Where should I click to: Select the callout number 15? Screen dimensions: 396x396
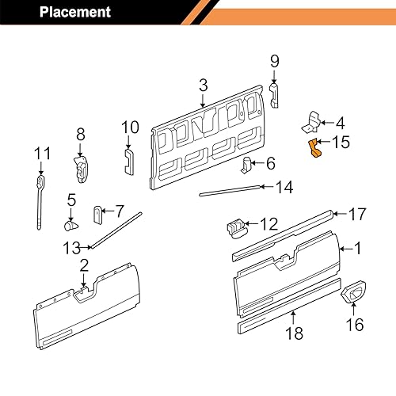pos(340,143)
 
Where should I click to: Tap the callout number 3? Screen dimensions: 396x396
pos(203,86)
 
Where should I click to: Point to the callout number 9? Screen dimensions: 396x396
pos(274,61)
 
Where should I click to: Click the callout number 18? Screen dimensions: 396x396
pos(294,335)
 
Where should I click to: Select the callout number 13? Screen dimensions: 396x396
pos(70,247)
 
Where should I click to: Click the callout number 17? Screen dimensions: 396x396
pos(357,213)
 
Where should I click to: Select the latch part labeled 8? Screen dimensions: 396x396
pos(80,167)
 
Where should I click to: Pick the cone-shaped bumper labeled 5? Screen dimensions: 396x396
pos(70,224)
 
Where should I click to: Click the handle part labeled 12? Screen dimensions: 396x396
pos(235,227)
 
